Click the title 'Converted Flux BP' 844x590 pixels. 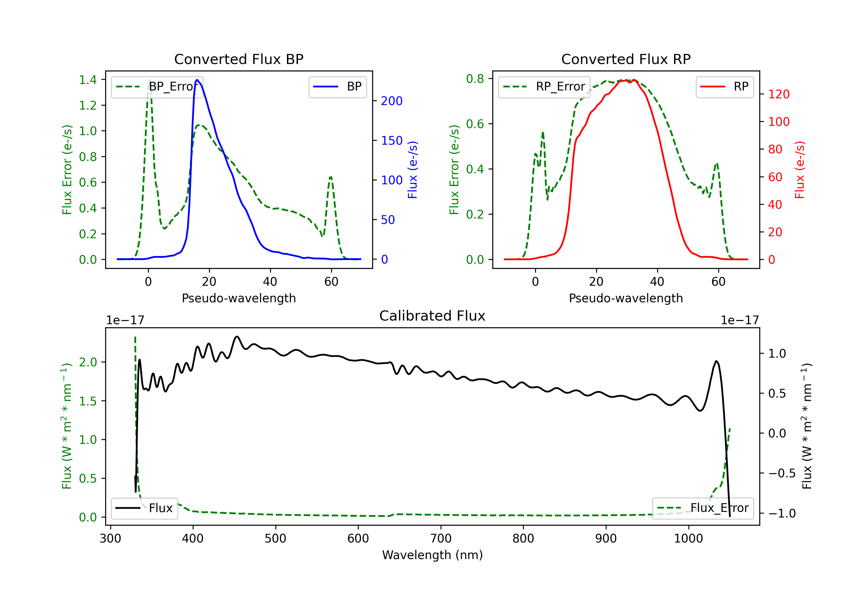tap(239, 59)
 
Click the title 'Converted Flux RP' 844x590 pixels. tap(626, 59)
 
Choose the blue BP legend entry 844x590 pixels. tap(337, 87)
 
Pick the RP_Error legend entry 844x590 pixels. tap(544, 87)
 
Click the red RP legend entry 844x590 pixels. tap(724, 87)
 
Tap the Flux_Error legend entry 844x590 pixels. tap(703, 508)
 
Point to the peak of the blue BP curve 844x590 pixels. tap(197, 80)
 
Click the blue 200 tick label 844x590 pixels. tap(392, 101)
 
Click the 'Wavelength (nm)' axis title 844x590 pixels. tap(432, 555)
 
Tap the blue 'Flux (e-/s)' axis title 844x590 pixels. tap(412, 170)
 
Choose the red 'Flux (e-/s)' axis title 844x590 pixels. tap(800, 170)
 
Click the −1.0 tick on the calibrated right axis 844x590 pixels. tap(782, 513)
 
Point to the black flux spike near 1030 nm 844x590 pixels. tap(716, 361)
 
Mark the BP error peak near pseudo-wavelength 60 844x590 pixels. tap(331, 177)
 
